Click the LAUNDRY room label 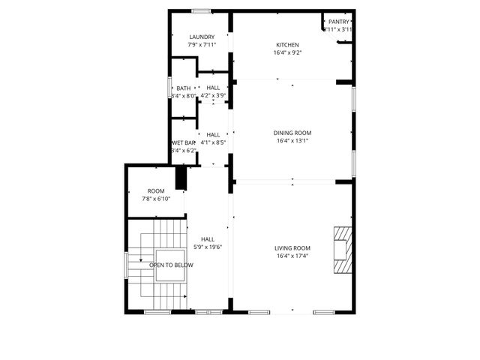202,37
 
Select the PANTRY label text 339,22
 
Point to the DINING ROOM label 292,133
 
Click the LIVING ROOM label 292,248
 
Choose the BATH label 184,88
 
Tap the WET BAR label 184,142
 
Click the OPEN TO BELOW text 171,265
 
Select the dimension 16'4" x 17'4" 292,256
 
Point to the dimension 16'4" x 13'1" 292,140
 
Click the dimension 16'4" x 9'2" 289,52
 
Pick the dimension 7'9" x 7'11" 202,44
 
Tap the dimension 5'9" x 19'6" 208,247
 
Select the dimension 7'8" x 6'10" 156,199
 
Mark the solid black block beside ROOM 181,178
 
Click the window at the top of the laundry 201,10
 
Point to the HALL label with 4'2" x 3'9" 214,88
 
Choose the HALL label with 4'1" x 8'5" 214,134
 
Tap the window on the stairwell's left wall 125,265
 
